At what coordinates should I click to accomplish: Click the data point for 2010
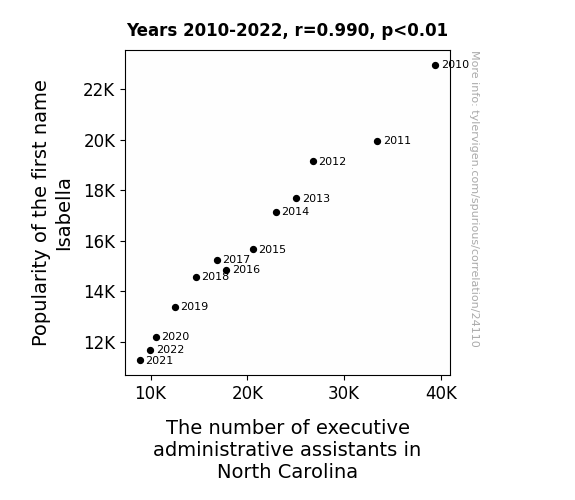coord(435,66)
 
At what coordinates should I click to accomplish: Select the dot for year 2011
coord(377,141)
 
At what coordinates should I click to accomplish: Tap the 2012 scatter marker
coord(313,161)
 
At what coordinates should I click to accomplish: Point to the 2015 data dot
coord(253,249)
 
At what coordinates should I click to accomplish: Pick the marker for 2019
coord(175,307)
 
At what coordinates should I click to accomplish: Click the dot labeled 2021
coord(140,361)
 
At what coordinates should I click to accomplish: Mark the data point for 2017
coord(217,260)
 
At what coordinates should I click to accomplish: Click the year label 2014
coord(296,212)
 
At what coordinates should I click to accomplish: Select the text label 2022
coord(171,349)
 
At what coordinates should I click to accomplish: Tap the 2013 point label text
coord(316,198)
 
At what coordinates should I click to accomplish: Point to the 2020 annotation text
coord(176,336)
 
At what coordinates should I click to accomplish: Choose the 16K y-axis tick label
coord(100,242)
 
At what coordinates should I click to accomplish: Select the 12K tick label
coord(100,343)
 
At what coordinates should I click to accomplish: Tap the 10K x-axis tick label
coord(151,393)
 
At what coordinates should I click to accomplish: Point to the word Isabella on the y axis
coord(64,215)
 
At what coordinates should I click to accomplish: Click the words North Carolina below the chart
coord(287,471)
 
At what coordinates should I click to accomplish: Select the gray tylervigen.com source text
coord(475,199)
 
